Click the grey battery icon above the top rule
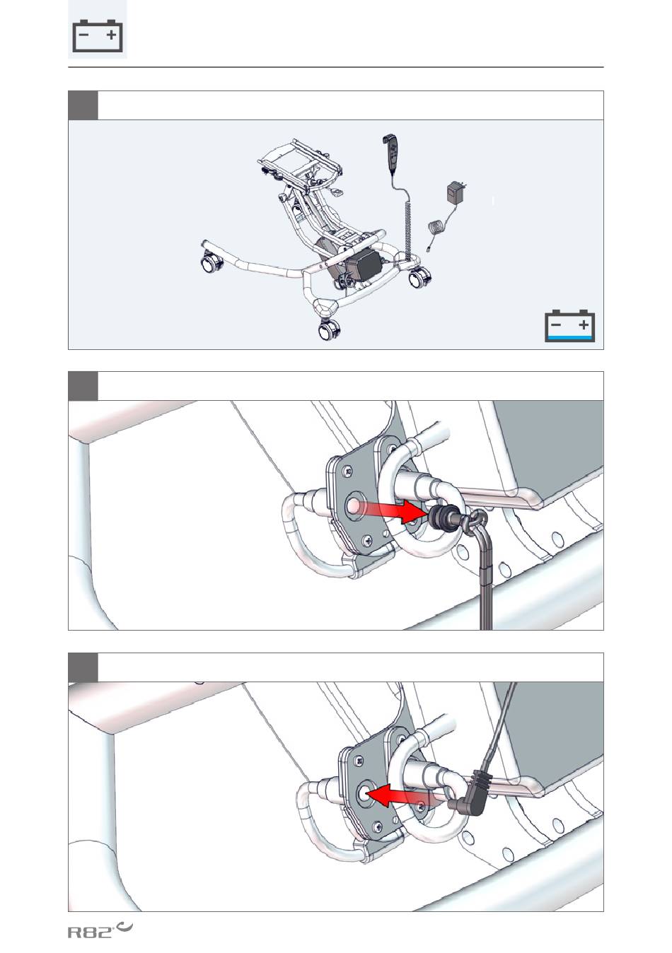click(x=98, y=36)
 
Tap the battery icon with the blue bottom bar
click(x=569, y=326)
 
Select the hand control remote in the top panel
click(x=391, y=155)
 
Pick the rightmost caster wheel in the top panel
click(x=420, y=279)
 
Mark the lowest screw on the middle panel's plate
click(x=367, y=541)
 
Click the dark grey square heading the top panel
click(x=83, y=105)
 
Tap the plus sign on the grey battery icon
click(x=111, y=35)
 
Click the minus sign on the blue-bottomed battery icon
click(x=555, y=325)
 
